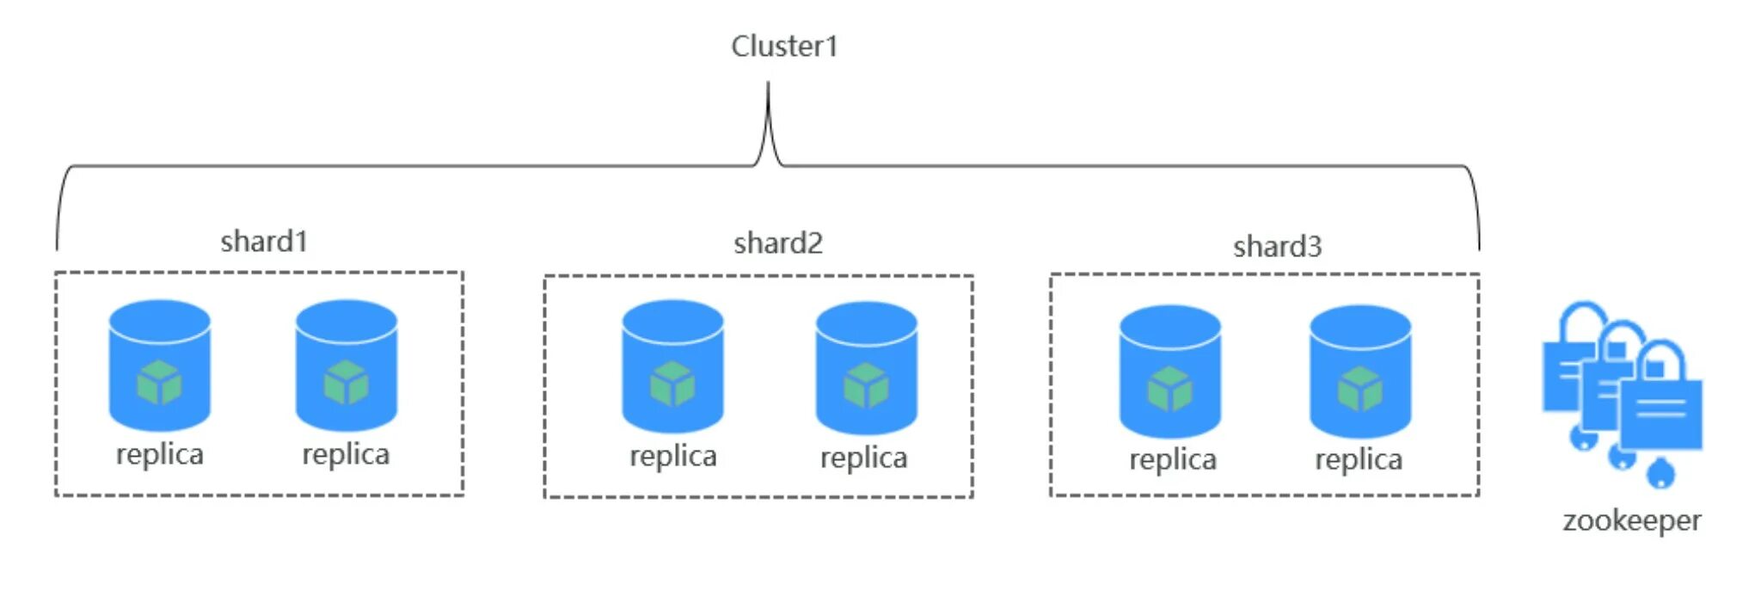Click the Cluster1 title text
point(784,46)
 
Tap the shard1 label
point(264,241)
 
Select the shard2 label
point(778,243)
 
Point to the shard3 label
point(1277,246)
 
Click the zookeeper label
point(1631,521)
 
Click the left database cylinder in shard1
point(160,365)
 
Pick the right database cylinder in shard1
point(347,365)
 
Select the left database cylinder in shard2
point(672,366)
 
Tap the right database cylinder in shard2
point(867,368)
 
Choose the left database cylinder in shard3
point(1170,372)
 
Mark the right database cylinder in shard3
point(1360,372)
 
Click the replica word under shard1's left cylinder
point(160,455)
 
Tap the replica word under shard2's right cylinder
point(863,458)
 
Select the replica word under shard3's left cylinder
point(1173,460)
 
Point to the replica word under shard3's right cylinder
point(1359,460)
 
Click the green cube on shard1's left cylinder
point(159,383)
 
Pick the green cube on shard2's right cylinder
point(866,385)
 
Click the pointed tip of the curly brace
point(768,83)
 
